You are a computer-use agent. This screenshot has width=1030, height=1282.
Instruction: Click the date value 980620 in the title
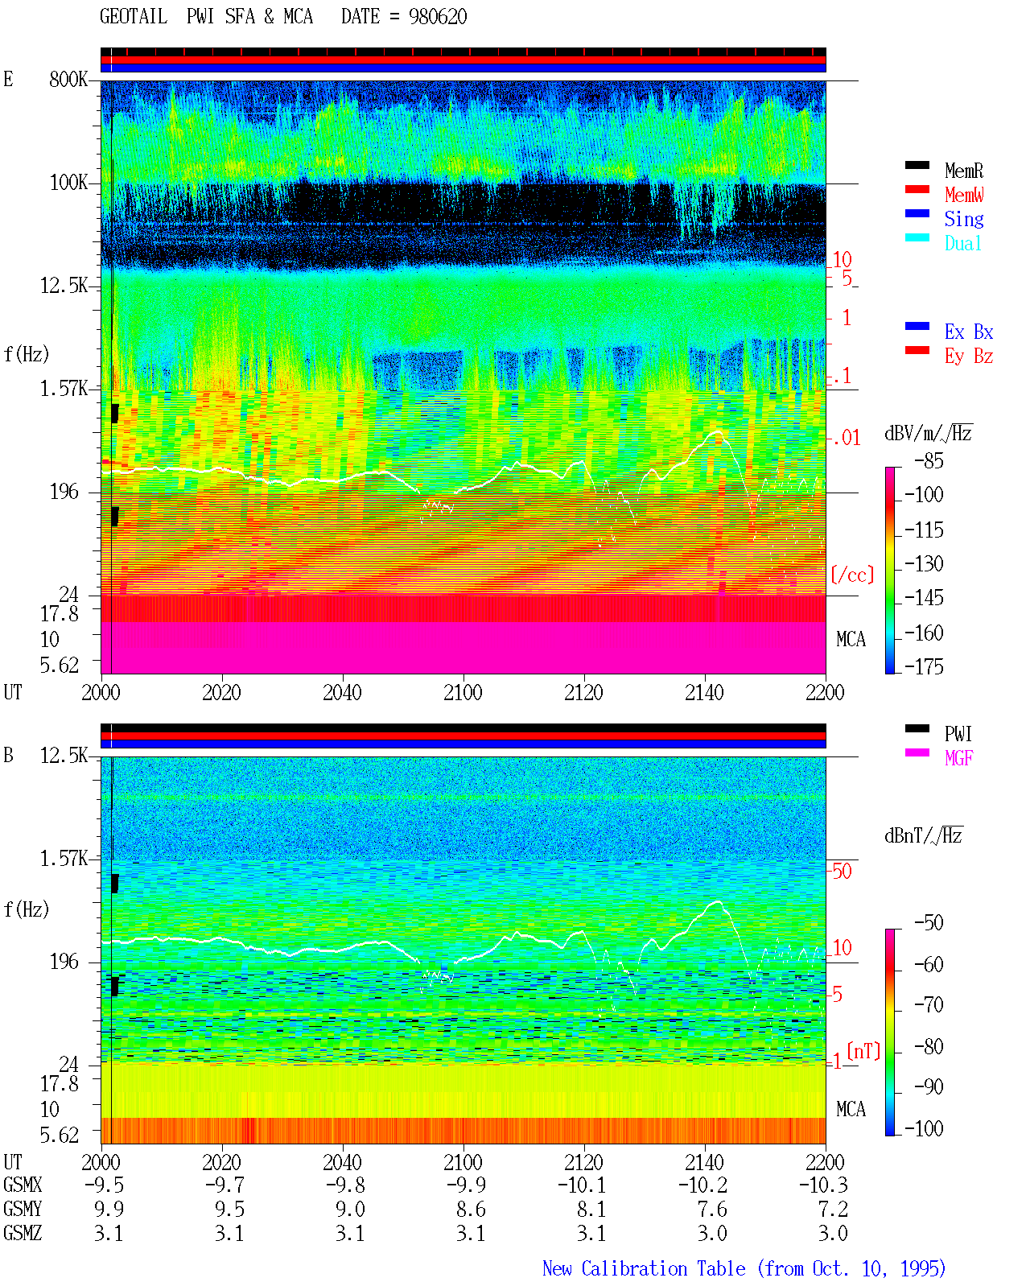tap(438, 17)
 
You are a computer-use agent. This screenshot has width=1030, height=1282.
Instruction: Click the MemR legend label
tap(964, 171)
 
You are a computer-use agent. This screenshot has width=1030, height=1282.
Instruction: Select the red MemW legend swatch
tap(917, 189)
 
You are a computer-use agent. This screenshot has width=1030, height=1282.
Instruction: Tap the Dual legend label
tap(963, 243)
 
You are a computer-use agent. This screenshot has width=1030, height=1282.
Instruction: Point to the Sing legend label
tap(964, 219)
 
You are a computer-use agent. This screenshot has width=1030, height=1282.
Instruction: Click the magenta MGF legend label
tap(958, 758)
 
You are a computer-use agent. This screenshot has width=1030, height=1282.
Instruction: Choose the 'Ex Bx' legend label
tap(969, 332)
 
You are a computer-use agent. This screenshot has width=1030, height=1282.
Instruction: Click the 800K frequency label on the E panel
tap(68, 79)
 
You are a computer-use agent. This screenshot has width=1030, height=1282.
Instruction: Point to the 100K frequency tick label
tap(68, 183)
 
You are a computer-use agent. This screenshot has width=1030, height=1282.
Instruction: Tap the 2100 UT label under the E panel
tap(463, 693)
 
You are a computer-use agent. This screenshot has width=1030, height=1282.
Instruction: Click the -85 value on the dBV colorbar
tap(929, 461)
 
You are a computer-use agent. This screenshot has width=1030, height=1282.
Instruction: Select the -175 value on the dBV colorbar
tap(924, 666)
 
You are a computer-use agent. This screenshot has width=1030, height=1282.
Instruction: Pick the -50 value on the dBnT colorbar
tap(929, 923)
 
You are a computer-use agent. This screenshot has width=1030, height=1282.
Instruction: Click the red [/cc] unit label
tap(852, 575)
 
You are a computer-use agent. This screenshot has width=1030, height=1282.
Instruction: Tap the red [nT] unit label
tap(863, 1051)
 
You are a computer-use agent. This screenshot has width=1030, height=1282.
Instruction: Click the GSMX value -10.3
tap(823, 1185)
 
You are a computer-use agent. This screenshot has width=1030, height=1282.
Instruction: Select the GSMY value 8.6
tap(472, 1210)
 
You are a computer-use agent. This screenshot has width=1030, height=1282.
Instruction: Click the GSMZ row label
tap(23, 1233)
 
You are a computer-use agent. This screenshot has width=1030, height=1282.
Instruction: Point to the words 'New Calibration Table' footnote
tap(644, 1268)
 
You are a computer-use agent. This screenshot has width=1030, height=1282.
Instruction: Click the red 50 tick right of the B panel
tap(842, 872)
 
